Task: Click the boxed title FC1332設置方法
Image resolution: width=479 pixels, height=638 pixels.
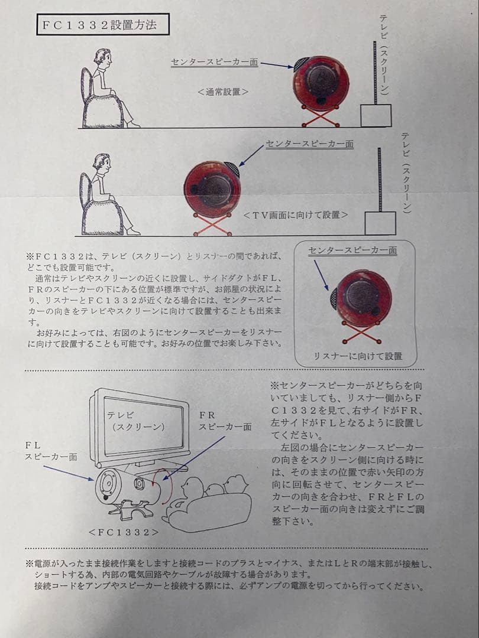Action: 103,25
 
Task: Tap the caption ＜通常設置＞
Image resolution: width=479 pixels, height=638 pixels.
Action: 222,92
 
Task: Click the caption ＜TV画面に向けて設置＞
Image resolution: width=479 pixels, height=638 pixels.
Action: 295,215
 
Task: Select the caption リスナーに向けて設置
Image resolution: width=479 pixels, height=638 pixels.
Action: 358,356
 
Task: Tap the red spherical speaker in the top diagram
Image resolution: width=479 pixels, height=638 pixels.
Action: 321,83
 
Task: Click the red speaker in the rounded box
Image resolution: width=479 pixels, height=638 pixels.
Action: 362,297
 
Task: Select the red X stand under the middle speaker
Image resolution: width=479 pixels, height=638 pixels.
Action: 212,224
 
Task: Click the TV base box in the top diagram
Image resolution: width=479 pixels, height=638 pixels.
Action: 376,116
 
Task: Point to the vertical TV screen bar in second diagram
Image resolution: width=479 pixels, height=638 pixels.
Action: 380,180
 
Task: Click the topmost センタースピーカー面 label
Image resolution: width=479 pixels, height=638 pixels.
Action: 215,62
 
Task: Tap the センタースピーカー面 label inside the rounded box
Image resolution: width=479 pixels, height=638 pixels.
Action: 352,250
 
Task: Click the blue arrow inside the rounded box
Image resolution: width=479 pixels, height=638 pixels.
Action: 321,275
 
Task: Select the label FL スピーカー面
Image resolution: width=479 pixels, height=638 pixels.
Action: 50,451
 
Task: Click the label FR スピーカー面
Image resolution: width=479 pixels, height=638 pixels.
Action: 225,421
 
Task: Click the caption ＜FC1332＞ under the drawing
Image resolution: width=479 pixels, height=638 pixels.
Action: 124,532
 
